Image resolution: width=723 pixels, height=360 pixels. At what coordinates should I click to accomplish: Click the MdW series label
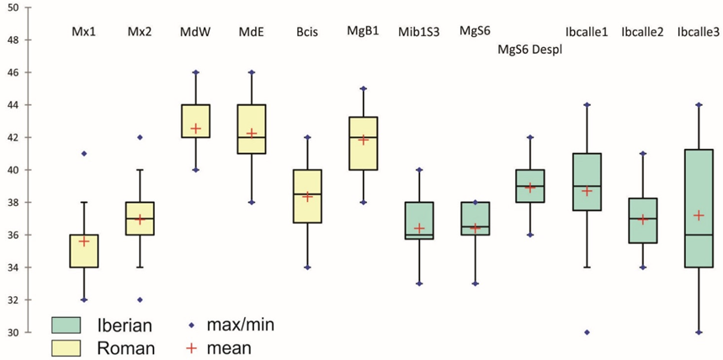195,32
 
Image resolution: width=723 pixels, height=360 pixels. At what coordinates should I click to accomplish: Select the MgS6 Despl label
529,50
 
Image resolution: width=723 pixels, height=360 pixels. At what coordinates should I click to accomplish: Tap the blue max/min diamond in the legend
193,324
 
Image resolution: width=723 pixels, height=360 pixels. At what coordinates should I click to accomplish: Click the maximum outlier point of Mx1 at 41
84,153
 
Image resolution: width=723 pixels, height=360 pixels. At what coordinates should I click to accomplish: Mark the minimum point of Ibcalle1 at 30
587,332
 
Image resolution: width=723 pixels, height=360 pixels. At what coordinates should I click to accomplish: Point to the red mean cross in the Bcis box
307,197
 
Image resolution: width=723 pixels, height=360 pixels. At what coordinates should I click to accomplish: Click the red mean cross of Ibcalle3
698,215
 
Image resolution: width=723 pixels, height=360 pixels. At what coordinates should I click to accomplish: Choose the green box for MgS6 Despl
530,186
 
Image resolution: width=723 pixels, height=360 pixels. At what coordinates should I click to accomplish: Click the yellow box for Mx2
140,218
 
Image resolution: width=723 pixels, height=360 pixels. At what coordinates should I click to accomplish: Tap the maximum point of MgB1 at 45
363,88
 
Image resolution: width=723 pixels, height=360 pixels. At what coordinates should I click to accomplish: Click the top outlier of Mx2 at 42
140,137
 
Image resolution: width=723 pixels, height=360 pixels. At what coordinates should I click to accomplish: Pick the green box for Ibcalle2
642,220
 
